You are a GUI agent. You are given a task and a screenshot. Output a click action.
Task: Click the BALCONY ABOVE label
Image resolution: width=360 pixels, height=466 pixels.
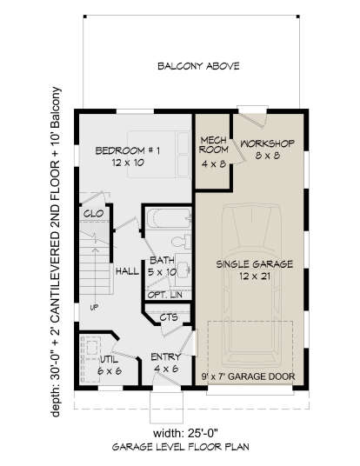click(x=198, y=66)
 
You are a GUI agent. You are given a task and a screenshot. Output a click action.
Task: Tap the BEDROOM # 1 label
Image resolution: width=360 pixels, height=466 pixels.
click(x=128, y=150)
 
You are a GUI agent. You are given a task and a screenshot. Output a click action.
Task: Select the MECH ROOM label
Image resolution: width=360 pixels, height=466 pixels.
click(x=213, y=144)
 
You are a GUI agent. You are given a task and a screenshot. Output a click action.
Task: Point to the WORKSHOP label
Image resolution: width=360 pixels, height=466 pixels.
click(x=267, y=143)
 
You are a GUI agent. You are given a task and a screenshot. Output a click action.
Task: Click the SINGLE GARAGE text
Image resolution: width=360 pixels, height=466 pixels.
click(x=255, y=264)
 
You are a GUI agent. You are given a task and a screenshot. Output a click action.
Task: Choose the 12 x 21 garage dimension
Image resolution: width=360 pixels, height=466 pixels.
click(x=255, y=276)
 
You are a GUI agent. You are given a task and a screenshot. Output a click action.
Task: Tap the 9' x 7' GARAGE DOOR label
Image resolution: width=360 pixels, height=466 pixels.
click(x=248, y=376)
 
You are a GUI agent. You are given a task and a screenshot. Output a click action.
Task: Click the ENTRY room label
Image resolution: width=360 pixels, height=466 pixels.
click(x=166, y=357)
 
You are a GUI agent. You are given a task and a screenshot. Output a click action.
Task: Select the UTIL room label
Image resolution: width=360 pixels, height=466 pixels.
click(x=110, y=360)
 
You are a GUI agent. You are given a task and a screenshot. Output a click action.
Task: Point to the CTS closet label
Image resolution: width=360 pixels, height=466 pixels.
click(x=169, y=317)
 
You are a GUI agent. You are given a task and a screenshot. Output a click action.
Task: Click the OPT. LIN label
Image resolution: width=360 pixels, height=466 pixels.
click(x=165, y=295)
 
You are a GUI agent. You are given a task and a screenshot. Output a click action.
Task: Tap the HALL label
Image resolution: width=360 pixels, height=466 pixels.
click(x=127, y=271)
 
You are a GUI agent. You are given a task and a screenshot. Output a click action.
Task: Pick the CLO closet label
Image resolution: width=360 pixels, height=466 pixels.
click(x=93, y=213)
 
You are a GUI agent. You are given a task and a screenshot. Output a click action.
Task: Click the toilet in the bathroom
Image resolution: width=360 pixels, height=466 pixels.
click(x=182, y=242)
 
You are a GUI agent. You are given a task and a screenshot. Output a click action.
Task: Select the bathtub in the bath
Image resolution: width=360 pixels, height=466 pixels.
click(x=168, y=218)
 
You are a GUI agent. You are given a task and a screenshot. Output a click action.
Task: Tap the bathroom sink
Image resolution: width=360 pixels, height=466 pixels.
click(x=183, y=270)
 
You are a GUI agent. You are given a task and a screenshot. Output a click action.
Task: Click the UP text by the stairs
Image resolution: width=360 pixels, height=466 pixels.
click(x=94, y=308)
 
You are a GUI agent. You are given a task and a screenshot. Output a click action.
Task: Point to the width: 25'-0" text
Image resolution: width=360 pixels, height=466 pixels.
click(x=186, y=433)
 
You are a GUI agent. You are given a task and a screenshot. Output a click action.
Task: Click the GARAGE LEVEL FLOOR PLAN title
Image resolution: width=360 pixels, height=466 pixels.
click(x=181, y=447)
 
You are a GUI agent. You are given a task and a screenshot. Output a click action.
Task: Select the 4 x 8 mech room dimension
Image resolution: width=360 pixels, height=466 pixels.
click(x=214, y=163)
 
